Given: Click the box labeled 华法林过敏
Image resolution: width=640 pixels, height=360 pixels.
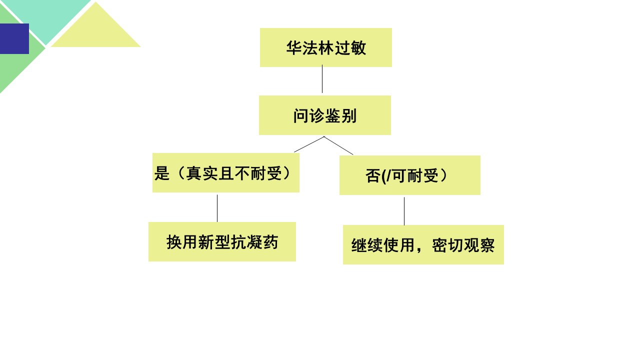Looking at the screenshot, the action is (x=325, y=47).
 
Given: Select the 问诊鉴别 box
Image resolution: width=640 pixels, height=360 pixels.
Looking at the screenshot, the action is (x=325, y=115).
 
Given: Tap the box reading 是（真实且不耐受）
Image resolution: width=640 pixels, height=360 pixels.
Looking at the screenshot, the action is (x=225, y=172).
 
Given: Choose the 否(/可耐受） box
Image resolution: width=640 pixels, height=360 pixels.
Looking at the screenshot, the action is (x=409, y=175).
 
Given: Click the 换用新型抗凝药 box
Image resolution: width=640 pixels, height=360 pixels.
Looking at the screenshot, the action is (x=222, y=241).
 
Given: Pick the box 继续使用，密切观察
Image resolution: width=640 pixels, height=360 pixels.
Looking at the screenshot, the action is (x=423, y=245).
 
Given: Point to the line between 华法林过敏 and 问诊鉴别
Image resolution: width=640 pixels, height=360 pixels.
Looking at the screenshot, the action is (x=322, y=79).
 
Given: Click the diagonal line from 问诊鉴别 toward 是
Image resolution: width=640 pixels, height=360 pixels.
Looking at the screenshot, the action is (x=309, y=144).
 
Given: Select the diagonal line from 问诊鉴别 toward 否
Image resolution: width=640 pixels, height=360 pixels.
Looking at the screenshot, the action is (x=338, y=145).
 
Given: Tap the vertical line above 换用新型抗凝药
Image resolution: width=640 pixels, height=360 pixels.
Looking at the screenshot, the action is (x=217, y=208).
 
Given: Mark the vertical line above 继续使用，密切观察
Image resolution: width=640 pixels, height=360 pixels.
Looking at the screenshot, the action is (x=404, y=211).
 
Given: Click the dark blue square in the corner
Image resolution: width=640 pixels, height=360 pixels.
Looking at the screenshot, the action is (x=14, y=38).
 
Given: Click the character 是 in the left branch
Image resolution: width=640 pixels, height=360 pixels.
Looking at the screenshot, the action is (x=162, y=173).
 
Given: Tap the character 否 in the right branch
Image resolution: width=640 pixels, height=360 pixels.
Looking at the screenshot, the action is (x=373, y=175).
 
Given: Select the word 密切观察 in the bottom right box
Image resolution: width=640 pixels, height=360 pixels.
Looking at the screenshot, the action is (x=463, y=245).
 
